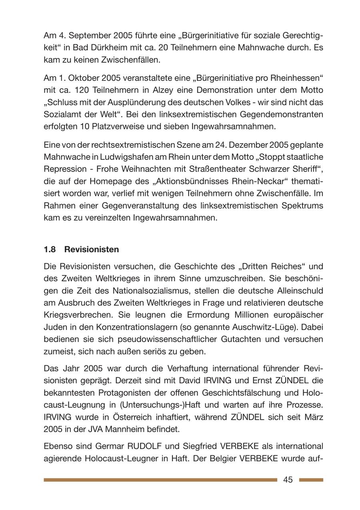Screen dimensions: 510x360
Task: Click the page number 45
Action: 288,480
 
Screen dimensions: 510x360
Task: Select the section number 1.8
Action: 50,249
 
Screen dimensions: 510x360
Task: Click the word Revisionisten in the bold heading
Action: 92,249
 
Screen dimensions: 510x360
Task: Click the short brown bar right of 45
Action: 311,480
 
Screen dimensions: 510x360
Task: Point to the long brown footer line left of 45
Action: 160,480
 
